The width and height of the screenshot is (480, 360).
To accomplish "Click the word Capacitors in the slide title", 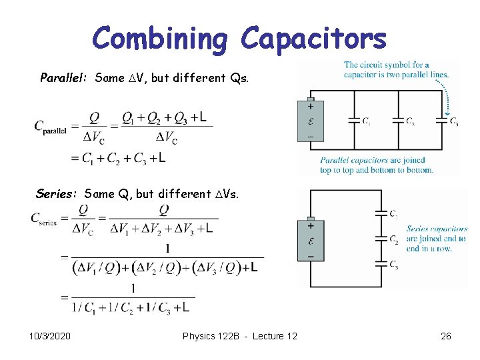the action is [x=313, y=38].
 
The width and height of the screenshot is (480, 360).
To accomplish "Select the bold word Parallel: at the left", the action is [x=65, y=78].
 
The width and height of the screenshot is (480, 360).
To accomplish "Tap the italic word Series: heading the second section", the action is [x=57, y=194].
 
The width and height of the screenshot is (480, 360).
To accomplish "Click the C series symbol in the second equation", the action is [x=44, y=219].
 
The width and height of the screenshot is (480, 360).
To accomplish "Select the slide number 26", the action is [x=446, y=336].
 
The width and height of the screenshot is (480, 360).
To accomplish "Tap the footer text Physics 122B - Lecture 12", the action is [x=240, y=336].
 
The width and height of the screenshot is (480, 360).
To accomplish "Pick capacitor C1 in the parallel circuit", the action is [x=354, y=121].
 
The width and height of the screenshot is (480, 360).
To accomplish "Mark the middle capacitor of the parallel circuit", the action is [x=398, y=121].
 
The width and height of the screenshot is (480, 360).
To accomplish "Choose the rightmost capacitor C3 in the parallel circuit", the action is [x=443, y=121].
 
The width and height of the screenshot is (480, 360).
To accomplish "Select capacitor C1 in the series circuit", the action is [x=381, y=214].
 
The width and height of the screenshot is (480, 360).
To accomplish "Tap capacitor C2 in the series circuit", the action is [x=381, y=238].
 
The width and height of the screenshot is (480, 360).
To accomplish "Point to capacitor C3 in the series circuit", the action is [x=381, y=263].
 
